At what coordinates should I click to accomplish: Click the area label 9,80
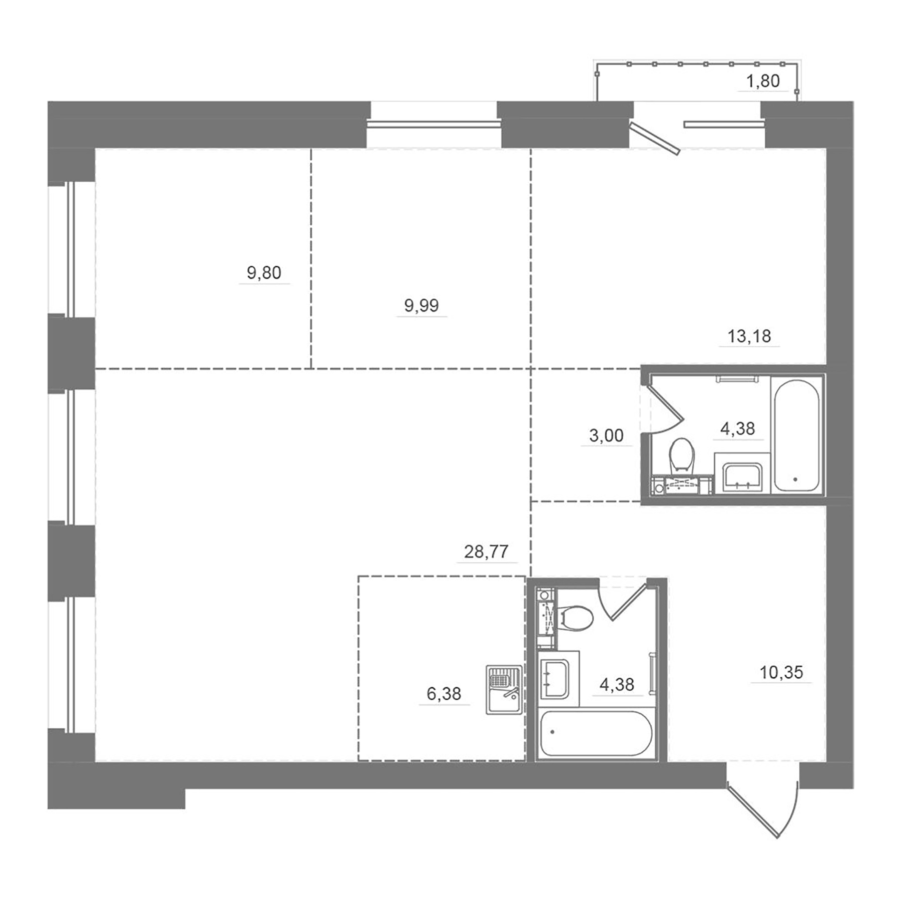pos(264,273)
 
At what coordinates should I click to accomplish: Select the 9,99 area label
pos(421,305)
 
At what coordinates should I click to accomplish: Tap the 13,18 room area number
pos(749,336)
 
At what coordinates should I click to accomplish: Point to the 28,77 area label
pos(486,552)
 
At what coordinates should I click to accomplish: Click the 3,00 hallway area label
pos(606,435)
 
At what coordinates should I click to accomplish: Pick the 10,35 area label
pos(781,672)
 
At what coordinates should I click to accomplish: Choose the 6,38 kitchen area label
pos(443,694)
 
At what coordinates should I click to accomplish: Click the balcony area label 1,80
pos(763,81)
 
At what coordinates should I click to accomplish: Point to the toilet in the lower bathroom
pos(576,618)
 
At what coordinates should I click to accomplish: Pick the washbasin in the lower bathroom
pos(554,679)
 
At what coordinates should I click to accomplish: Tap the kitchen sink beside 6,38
pos(504,689)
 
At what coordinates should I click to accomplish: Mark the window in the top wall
pos(433,124)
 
